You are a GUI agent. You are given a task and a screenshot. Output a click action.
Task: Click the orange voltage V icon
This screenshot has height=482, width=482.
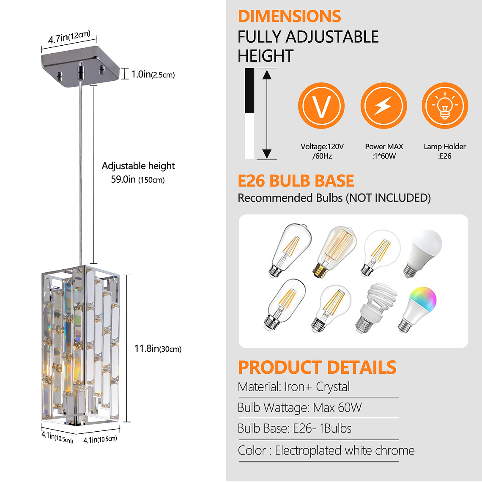(321, 106)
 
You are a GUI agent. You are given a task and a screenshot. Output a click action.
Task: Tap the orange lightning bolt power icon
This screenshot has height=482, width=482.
(383, 106)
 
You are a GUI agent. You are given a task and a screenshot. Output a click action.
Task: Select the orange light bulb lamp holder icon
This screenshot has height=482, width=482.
(445, 106)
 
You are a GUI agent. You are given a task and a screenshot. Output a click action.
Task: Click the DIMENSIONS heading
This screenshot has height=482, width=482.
(289, 16)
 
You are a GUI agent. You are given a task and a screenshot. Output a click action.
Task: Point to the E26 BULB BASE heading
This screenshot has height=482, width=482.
(296, 181)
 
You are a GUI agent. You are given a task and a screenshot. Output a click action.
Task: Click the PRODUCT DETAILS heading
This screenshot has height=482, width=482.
(317, 367)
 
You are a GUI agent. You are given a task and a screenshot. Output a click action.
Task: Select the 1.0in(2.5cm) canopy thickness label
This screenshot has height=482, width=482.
(153, 74)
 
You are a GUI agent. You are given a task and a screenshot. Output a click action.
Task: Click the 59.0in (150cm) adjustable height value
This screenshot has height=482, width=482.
(137, 180)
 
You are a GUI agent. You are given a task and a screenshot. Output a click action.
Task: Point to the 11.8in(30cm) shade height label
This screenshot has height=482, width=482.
(158, 349)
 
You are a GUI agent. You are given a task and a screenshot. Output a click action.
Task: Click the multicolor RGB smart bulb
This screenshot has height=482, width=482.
(418, 309)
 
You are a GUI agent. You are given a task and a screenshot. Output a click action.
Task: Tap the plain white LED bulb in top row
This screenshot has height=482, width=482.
(423, 252)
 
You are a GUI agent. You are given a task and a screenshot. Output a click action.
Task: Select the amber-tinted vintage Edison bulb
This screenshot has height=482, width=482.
(334, 251)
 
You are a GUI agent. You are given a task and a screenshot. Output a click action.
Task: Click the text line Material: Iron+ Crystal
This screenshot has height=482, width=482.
(294, 387)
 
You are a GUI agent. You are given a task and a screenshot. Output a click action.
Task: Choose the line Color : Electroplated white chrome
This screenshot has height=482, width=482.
(326, 451)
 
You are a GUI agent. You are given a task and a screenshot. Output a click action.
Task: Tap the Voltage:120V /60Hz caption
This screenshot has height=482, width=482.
(322, 151)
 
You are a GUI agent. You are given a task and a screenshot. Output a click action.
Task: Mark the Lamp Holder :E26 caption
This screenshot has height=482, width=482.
(444, 151)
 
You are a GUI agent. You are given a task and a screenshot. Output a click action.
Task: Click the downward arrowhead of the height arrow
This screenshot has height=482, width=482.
(267, 154)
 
